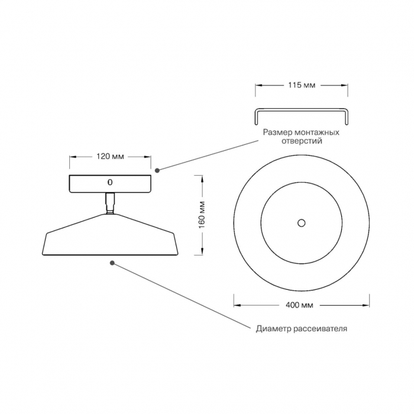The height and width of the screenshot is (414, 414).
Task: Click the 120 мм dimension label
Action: pos(110,157)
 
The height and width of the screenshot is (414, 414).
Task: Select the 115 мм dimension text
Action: pos(302,85)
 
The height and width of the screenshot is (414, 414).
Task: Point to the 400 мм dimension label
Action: pos(299,305)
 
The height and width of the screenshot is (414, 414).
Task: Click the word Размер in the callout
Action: pos(277,132)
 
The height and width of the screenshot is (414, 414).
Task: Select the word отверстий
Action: pos(302,141)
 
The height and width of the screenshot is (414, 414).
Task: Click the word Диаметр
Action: pos(274,329)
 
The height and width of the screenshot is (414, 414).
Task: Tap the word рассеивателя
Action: pos(321,329)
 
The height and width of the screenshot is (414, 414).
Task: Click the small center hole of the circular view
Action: pos(301,223)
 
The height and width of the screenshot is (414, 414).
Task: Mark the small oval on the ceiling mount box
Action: pos(110,182)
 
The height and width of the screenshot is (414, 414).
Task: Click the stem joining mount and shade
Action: pos(110,203)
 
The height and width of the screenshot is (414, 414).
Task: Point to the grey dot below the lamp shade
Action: pos(112,263)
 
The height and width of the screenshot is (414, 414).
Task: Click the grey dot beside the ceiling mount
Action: pos(157,170)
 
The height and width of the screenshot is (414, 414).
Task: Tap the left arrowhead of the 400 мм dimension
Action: pos(237,305)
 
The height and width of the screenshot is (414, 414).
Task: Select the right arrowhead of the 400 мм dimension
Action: pos(366,305)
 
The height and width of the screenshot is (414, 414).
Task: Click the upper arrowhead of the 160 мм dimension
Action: pos(202,179)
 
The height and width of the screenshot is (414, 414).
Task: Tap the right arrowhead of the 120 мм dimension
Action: pos(148,157)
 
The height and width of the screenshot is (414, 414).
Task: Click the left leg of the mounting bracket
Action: pos(256,118)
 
